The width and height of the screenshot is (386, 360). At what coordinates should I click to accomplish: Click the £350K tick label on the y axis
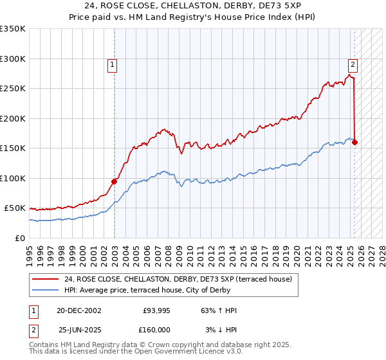(13, 29)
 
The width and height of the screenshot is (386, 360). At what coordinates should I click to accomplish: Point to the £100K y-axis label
(13, 178)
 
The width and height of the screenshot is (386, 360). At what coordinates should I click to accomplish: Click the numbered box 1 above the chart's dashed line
(112, 64)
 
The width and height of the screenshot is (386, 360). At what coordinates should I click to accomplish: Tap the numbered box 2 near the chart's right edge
(353, 64)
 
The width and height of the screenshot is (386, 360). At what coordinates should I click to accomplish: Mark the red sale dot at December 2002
(115, 181)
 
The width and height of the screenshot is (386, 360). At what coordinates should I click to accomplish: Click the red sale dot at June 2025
(355, 142)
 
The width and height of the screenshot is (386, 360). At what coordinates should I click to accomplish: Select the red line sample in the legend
(45, 279)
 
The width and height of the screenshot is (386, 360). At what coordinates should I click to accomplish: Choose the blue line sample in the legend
(45, 289)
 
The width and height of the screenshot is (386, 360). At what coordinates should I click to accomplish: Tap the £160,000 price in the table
(156, 329)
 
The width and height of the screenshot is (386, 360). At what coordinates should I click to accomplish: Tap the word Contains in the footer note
(44, 346)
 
